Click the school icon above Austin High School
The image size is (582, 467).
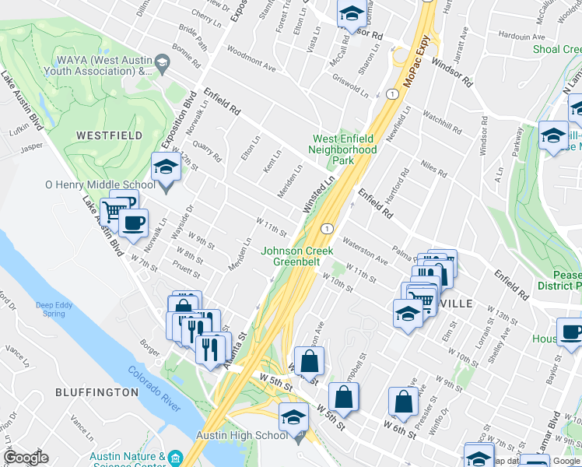[x=293, y=418]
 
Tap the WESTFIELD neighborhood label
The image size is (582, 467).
[x=110, y=135]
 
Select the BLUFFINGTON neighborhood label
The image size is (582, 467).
[x=93, y=392]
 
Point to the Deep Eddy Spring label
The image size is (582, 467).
[x=54, y=309]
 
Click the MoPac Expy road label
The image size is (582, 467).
[x=417, y=59]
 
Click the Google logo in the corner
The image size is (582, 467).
[x=26, y=458]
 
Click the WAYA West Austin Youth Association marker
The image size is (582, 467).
[x=161, y=62]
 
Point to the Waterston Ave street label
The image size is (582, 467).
[x=364, y=250]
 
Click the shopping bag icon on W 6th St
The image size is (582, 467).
[x=404, y=402]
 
